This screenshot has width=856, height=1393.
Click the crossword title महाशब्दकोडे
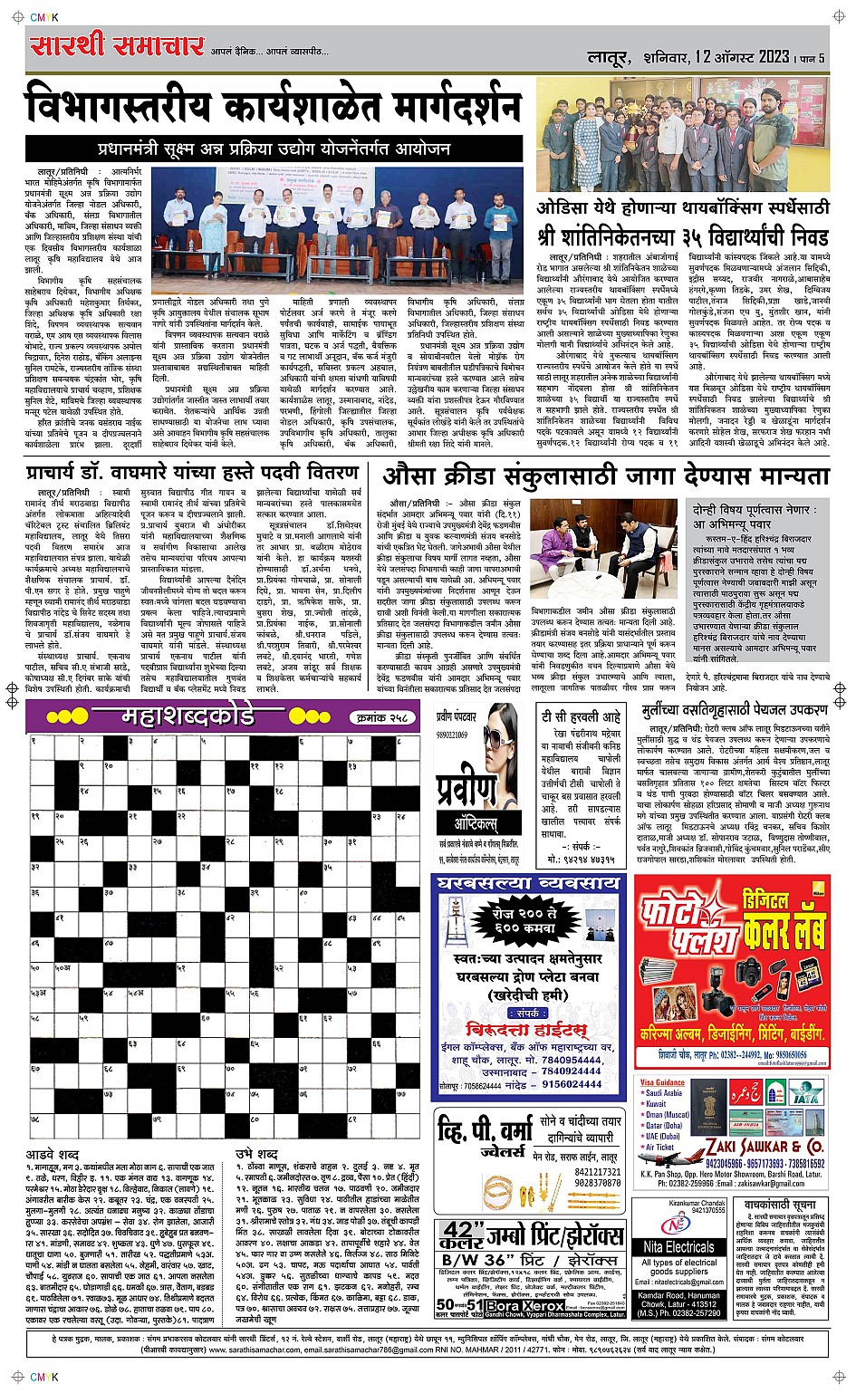pyautogui.click(x=188, y=717)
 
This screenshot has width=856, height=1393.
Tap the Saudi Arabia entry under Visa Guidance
pyautogui.click(x=664, y=1093)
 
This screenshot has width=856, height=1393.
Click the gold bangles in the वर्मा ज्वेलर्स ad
pyautogui.click(x=495, y=1186)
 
